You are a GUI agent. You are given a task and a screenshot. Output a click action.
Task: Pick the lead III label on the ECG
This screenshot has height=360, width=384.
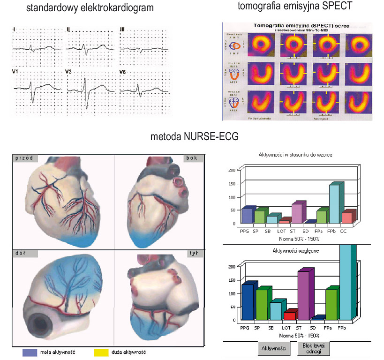(122, 30)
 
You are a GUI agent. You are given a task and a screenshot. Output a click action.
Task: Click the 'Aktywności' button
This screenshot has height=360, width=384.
(273, 349)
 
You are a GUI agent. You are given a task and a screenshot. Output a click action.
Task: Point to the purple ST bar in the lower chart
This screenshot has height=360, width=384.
(303, 295)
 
